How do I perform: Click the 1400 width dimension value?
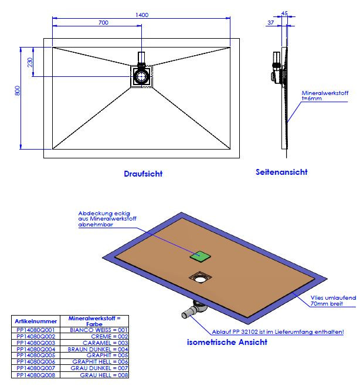141,14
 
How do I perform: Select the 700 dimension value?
103,23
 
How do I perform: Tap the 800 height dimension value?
18,92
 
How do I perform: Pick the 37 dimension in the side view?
270,22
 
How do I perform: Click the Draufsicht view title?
143,174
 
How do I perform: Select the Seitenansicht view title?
281,172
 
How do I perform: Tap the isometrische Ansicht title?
227,342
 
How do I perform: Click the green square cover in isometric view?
201,256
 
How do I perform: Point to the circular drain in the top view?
141,76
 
